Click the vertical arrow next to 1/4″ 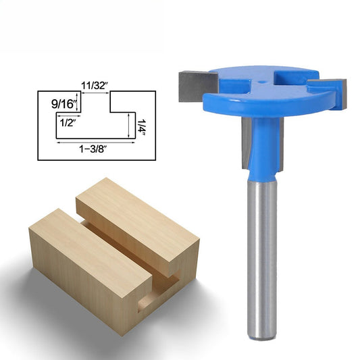pyautogui.click(x=128, y=126)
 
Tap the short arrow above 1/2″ pyautogui.click(x=66, y=114)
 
